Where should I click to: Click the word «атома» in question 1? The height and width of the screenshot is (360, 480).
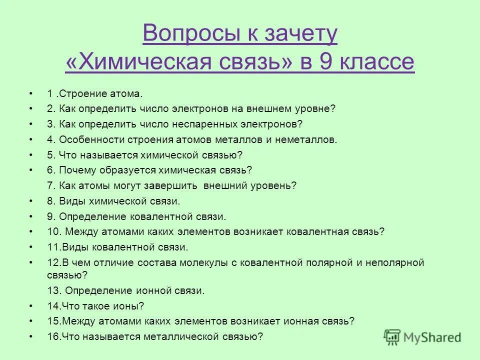[127, 93]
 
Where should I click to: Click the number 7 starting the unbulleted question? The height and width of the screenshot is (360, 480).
[50, 185]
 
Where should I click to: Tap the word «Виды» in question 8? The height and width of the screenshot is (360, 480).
[70, 201]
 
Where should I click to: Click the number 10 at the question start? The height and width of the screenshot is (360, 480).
[53, 231]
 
